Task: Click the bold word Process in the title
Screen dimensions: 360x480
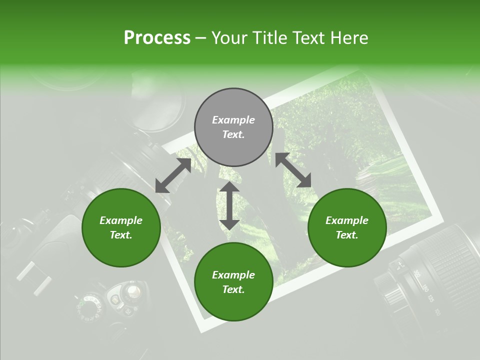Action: [x=157, y=38]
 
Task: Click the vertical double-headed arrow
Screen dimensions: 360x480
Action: [x=229, y=205]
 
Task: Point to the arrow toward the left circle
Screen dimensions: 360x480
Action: [x=173, y=175]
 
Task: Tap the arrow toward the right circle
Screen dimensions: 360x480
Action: [x=293, y=170]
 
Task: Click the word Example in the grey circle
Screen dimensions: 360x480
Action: [x=233, y=120]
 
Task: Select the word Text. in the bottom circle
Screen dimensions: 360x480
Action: [x=233, y=289]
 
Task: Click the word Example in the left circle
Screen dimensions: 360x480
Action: [x=121, y=220]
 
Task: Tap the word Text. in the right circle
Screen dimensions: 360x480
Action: [x=347, y=235]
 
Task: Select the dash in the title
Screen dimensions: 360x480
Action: [x=201, y=38]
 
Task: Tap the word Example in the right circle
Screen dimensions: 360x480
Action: [x=347, y=220]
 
